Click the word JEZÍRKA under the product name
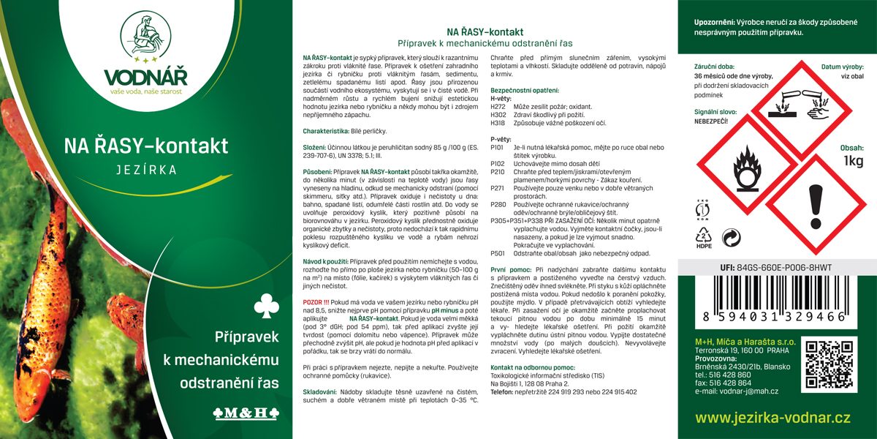pos(146,169)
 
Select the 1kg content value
pos(854,161)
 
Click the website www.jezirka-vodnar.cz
pos(772,418)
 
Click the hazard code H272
pos(498,107)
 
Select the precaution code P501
pos(498,253)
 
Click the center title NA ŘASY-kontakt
pos(485,32)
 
